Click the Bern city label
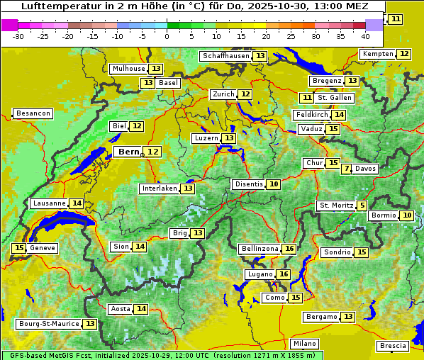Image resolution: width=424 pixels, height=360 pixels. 128,152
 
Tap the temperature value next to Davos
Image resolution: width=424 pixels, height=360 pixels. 346,169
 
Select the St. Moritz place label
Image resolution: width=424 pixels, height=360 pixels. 335,206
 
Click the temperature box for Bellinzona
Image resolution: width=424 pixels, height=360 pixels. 289,249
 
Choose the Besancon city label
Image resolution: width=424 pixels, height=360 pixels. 33,113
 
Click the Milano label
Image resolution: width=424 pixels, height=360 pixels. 305,343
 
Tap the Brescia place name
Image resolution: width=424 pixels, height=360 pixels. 393,346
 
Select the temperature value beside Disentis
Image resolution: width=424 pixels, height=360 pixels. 274,184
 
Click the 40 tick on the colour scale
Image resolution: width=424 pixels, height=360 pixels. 365,36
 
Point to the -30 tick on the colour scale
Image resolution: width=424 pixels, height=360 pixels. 18,36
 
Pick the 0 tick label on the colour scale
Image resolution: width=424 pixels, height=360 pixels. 167,36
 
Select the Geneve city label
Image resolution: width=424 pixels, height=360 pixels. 43,248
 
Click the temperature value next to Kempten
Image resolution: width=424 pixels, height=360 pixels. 403,54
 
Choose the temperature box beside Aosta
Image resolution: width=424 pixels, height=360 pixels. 141,309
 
